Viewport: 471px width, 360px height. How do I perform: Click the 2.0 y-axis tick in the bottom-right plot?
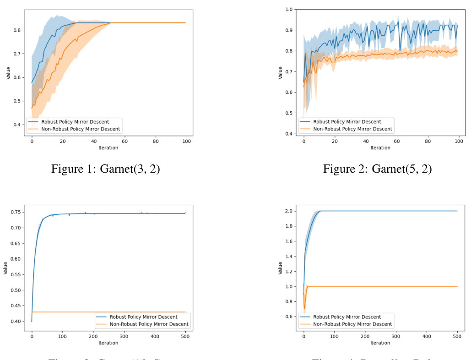tap(290, 211)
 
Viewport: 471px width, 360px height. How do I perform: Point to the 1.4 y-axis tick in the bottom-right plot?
tap(290, 256)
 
